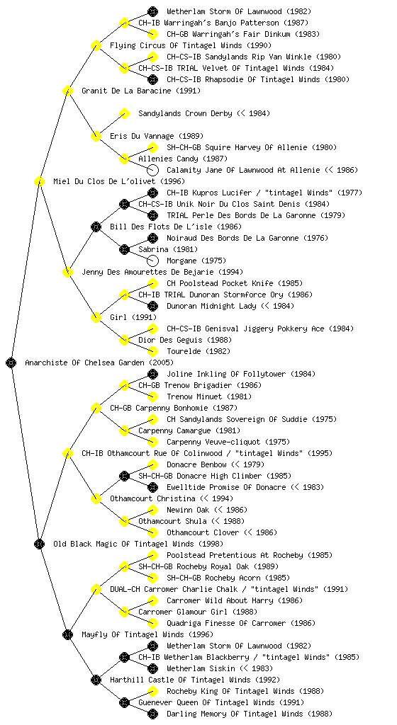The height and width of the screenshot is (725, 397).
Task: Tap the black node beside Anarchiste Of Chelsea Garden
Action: [11, 362]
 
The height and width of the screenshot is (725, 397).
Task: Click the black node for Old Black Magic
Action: [39, 544]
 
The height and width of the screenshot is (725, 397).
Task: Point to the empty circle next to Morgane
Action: [152, 261]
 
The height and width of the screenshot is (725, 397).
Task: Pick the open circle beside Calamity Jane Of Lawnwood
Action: [152, 170]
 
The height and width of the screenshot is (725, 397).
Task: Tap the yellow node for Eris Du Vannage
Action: [96, 136]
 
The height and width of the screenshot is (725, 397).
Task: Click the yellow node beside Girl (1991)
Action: [96, 317]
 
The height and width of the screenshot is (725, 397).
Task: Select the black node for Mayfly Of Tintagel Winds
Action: [67, 634]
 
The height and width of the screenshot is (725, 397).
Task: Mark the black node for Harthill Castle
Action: [96, 680]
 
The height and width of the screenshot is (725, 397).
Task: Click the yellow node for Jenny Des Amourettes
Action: [67, 272]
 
